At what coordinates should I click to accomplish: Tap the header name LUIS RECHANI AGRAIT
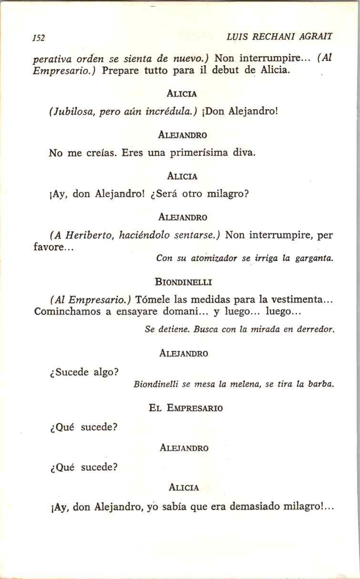pyautogui.click(x=279, y=36)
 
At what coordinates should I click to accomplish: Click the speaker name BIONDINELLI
pyautogui.click(x=184, y=282)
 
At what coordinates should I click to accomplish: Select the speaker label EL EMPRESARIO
pyautogui.click(x=185, y=408)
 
